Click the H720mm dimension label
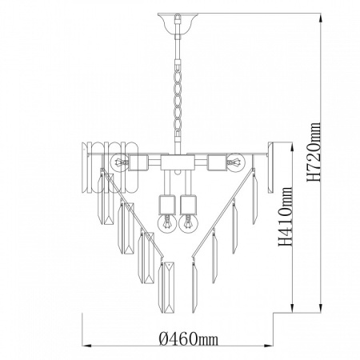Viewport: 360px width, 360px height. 314,152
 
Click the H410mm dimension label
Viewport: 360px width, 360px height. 286,217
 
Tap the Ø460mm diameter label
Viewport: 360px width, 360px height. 189,338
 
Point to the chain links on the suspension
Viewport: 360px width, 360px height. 178,102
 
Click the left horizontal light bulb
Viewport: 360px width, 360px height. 118,162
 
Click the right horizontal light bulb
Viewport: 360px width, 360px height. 237,162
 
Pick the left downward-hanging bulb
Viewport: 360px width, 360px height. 166,223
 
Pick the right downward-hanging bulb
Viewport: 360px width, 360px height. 188,223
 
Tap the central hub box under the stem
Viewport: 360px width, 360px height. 178,162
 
